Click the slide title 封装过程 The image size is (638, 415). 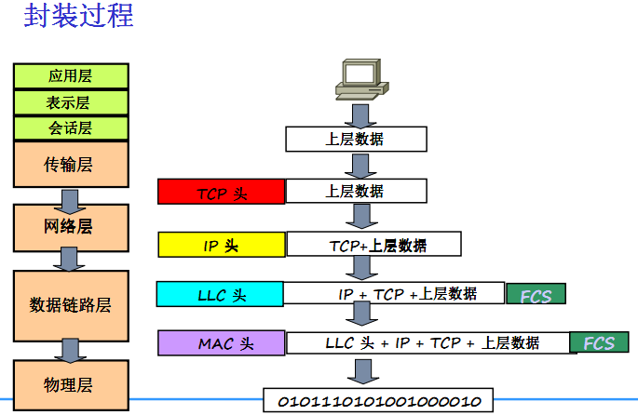point(78,18)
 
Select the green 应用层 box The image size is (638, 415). point(71,76)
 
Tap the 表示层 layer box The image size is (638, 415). point(71,102)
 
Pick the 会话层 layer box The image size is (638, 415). point(71,128)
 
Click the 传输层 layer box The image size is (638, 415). point(71,166)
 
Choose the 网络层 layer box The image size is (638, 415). point(71,227)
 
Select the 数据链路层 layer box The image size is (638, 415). point(71,305)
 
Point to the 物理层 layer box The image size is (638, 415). point(71,384)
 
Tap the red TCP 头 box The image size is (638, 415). point(221,192)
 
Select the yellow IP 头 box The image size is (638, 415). point(221,245)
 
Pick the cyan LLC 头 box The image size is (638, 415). point(221,294)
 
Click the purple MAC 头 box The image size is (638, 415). point(222,342)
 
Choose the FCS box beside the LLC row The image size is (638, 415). point(536,295)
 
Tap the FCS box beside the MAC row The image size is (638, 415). point(599,342)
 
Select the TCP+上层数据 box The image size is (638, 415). point(373,245)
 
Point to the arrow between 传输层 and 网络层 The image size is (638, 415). point(71,198)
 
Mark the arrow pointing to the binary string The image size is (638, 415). point(358,370)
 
